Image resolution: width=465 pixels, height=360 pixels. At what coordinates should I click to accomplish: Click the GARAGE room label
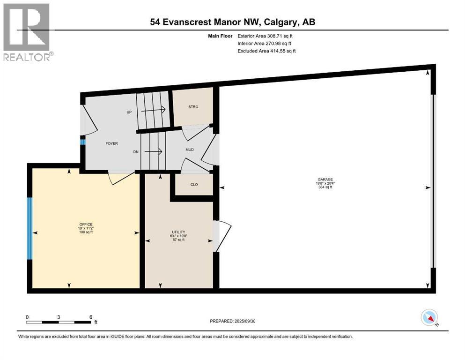[x=325, y=180]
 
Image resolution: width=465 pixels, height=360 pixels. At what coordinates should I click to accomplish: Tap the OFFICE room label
[x=86, y=225]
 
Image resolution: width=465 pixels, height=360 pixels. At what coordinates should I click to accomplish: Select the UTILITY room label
[x=178, y=232]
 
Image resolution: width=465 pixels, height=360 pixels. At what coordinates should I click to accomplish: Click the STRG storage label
[x=193, y=107]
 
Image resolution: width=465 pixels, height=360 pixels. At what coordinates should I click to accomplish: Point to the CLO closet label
[x=194, y=184]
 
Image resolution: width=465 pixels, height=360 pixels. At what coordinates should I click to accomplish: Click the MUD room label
[x=190, y=150]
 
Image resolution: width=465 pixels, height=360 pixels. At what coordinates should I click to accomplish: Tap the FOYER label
[x=111, y=143]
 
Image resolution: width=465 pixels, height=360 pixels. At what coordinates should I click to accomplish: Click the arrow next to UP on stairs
[x=155, y=109]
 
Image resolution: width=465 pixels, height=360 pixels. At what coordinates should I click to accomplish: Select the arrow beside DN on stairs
[x=153, y=151]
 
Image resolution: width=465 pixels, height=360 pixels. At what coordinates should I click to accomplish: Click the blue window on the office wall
[x=30, y=228]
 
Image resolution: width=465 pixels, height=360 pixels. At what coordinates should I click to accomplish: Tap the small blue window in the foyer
[x=82, y=142]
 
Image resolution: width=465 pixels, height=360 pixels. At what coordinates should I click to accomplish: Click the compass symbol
[x=428, y=318]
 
